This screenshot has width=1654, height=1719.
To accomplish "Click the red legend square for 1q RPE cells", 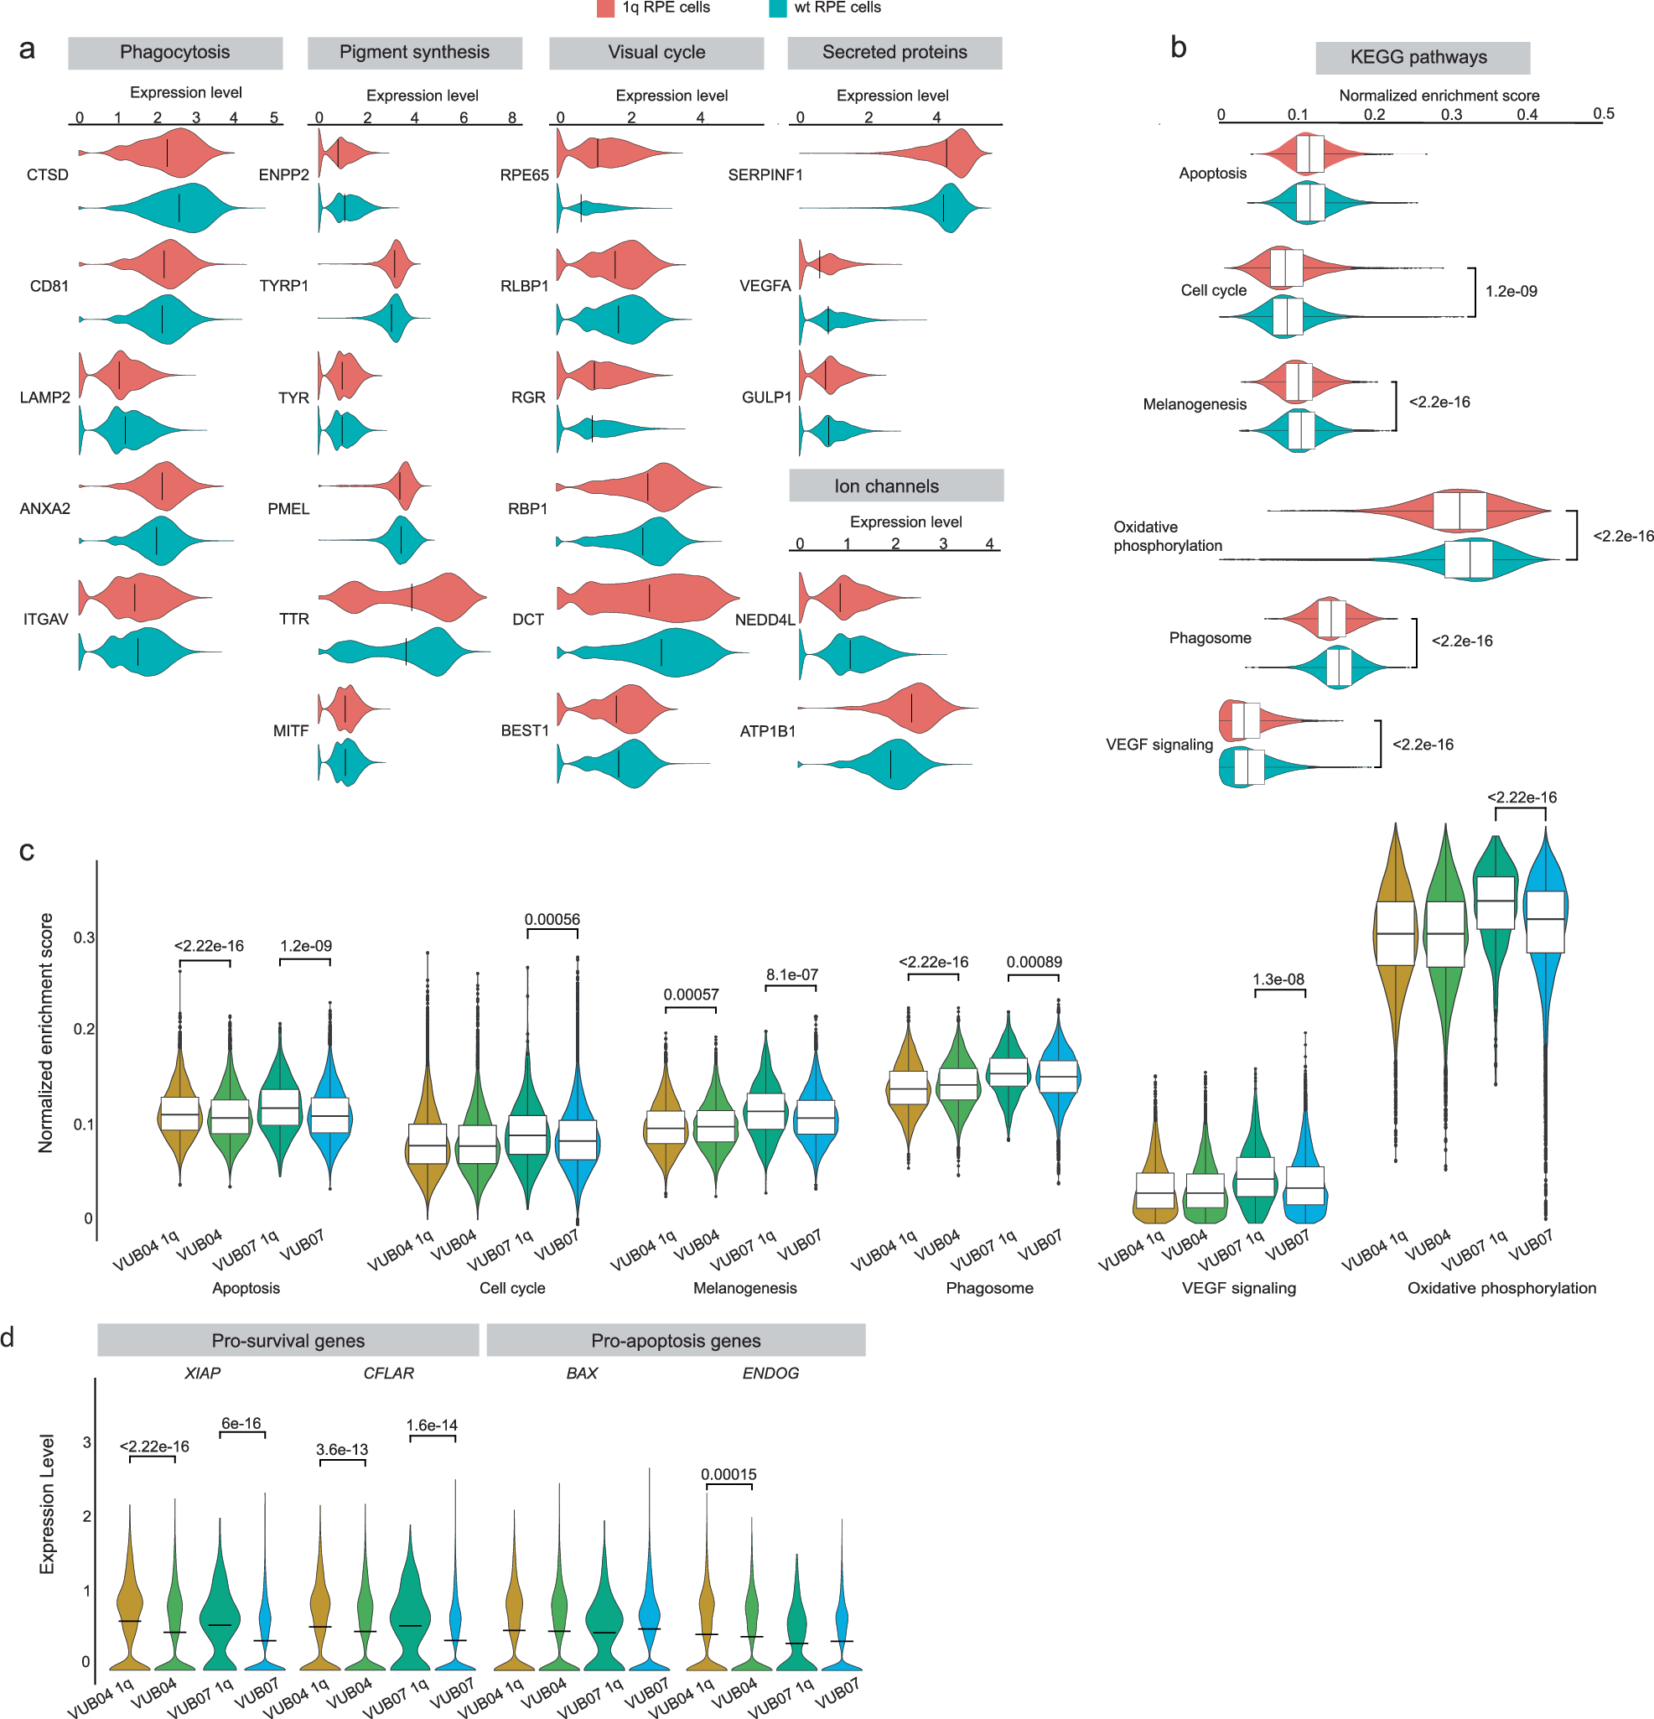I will (x=605, y=8).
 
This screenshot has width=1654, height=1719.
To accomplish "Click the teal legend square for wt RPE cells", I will (x=777, y=8).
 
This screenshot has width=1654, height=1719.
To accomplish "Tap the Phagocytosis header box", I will (x=174, y=53).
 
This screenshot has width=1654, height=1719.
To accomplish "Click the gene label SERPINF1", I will (x=765, y=175).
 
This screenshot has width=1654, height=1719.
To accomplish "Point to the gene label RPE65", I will (x=524, y=175).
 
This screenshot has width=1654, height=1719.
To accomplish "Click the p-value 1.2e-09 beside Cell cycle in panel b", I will (x=1510, y=291).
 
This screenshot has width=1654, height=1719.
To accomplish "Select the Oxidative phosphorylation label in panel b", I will (x=1166, y=536).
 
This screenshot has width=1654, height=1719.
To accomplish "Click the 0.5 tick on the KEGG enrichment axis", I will (x=1603, y=114).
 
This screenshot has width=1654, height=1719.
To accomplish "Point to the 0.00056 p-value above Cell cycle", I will (x=552, y=919).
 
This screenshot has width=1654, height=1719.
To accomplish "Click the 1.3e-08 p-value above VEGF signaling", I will (x=1278, y=979).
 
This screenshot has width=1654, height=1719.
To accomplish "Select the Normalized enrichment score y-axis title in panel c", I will (x=45, y=1032).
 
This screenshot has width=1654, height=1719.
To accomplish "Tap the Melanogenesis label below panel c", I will (x=744, y=1288).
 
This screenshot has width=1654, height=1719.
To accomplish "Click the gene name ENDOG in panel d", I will (x=770, y=1374).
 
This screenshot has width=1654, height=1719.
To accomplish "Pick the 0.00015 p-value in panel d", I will (x=728, y=1474).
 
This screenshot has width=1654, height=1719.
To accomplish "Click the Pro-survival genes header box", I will (x=288, y=1341).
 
